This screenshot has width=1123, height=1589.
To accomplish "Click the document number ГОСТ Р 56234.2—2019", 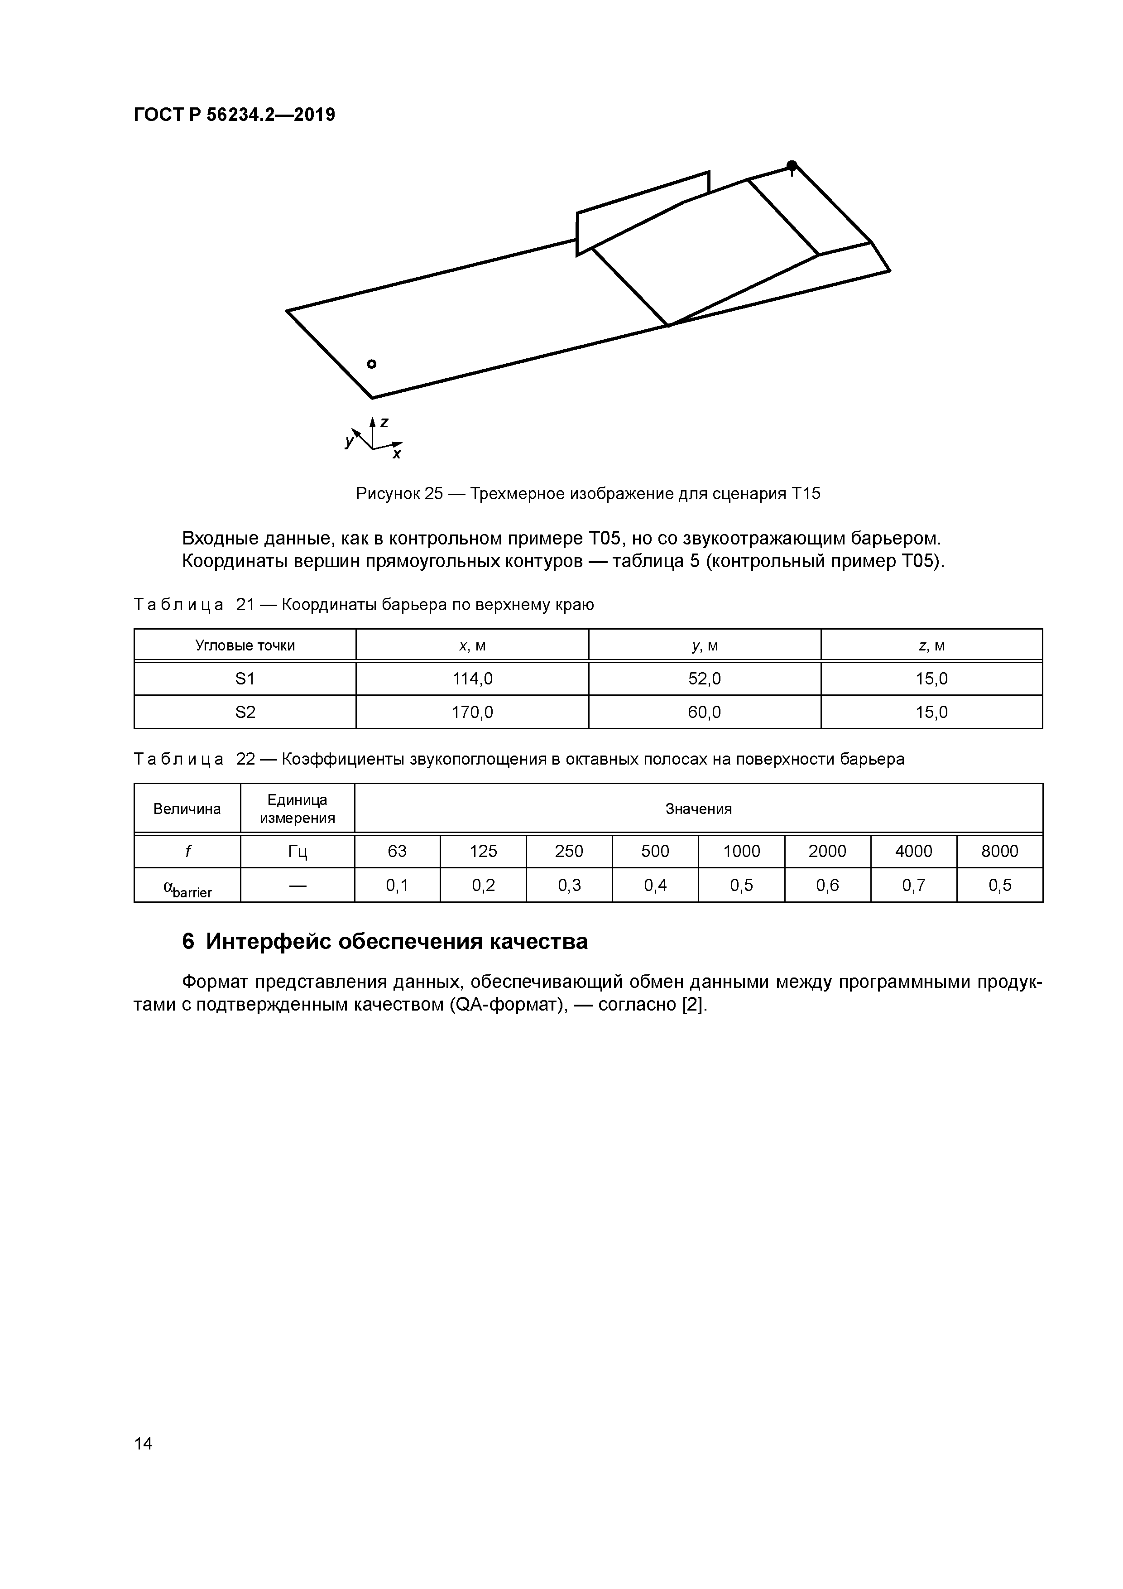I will (x=234, y=115).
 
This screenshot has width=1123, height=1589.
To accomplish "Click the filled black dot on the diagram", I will (x=792, y=165).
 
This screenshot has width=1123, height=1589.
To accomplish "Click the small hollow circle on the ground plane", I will (x=372, y=364).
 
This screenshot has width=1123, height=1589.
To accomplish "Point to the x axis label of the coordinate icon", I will (x=397, y=454).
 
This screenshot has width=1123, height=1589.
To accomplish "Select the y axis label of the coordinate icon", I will (x=349, y=441).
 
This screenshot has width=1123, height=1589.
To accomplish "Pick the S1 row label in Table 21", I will (x=245, y=679).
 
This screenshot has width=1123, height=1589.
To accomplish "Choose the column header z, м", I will (x=931, y=646).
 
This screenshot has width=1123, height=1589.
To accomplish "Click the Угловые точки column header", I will (x=245, y=646).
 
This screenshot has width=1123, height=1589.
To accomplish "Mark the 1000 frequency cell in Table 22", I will (x=741, y=851).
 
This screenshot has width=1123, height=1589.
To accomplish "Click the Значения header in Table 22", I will (x=698, y=809).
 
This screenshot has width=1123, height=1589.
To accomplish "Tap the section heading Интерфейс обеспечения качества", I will (x=385, y=942).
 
